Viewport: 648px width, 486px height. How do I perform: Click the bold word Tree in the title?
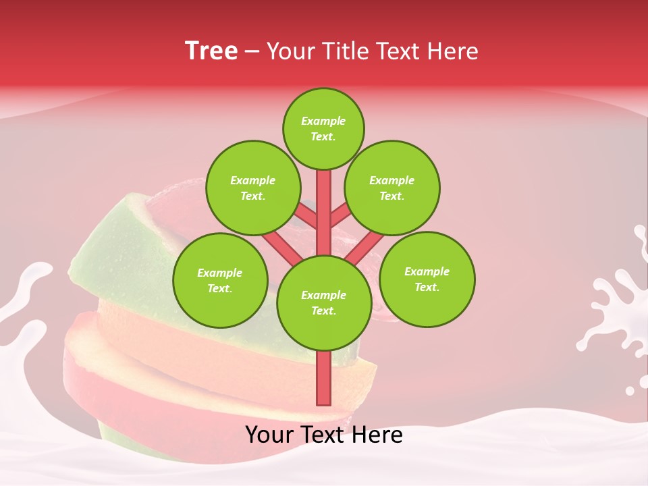coord(211,51)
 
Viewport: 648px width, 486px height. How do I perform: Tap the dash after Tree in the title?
coord(252,52)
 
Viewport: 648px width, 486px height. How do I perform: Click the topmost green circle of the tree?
coord(323,128)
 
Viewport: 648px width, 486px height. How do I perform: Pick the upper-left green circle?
coord(252,188)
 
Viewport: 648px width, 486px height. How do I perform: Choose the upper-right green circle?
coord(392,188)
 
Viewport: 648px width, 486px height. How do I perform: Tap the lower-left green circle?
coord(220,280)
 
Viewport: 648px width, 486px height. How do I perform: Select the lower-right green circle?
coord(427,279)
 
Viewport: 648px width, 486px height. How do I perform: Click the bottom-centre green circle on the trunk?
coord(323,302)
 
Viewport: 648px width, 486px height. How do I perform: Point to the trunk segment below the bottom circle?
coord(323,378)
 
